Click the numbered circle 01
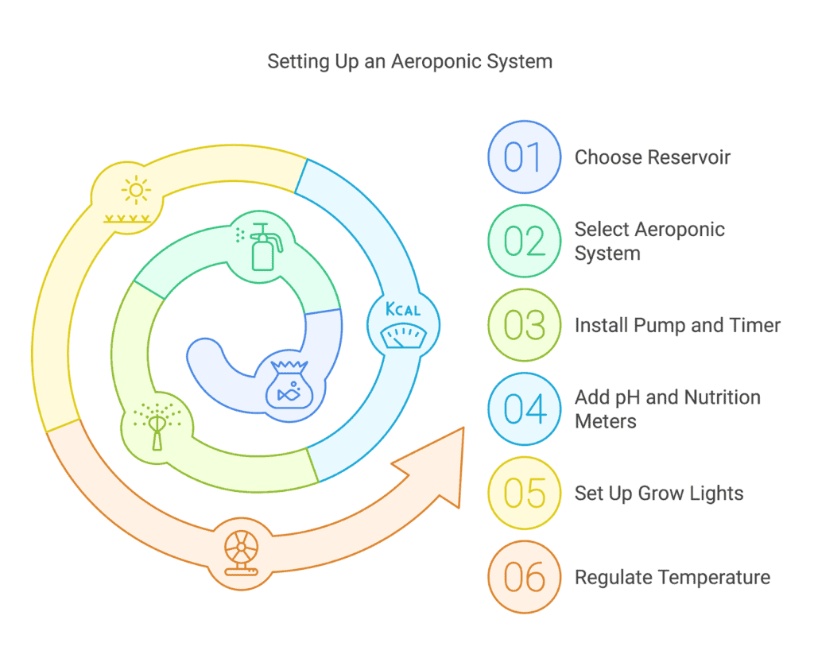[x=524, y=157]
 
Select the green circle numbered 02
[x=524, y=242]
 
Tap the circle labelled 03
[x=524, y=326]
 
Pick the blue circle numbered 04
[x=524, y=409]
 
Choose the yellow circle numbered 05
[x=524, y=494]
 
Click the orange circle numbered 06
[x=524, y=578]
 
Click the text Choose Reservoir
[x=652, y=157]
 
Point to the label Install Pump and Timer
[x=677, y=326]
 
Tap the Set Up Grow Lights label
[x=659, y=494]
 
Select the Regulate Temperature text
[x=672, y=578]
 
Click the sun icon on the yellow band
[x=136, y=190]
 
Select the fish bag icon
[x=288, y=384]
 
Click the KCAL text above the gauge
[x=403, y=310]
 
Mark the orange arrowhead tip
[x=463, y=429]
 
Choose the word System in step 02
[x=607, y=254]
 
